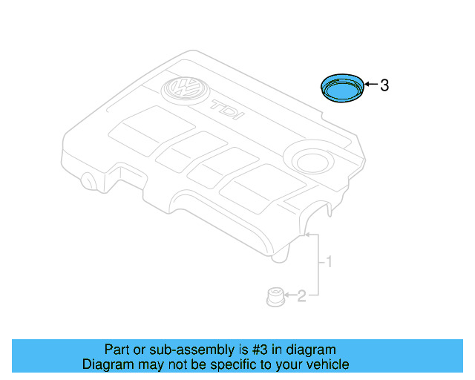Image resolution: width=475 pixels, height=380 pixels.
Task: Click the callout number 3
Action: pyautogui.click(x=384, y=86)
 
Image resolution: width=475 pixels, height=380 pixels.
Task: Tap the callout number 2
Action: pyautogui.click(x=301, y=298)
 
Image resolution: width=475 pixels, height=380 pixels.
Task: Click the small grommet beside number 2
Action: pyautogui.click(x=274, y=298)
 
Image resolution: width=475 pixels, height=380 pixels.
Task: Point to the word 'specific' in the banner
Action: pyautogui.click(x=230, y=364)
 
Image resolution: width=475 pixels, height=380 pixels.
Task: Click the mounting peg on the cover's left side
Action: pyautogui.click(x=90, y=181)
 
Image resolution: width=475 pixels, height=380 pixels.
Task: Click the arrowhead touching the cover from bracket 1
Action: pyautogui.click(x=307, y=235)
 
